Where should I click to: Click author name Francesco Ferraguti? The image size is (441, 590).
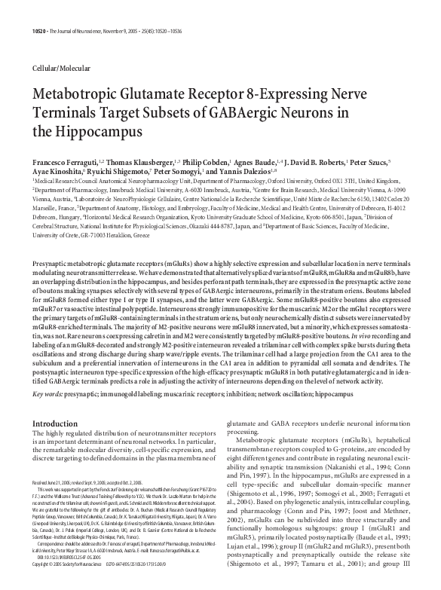pyautogui.click(x=65, y=161)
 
